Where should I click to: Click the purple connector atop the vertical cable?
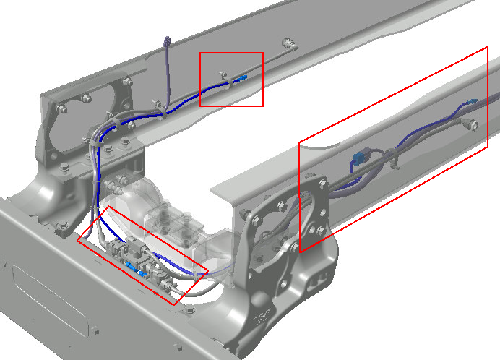click(x=168, y=41)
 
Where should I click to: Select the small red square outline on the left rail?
click(x=231, y=53)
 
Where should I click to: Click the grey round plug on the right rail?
click(x=473, y=124)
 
